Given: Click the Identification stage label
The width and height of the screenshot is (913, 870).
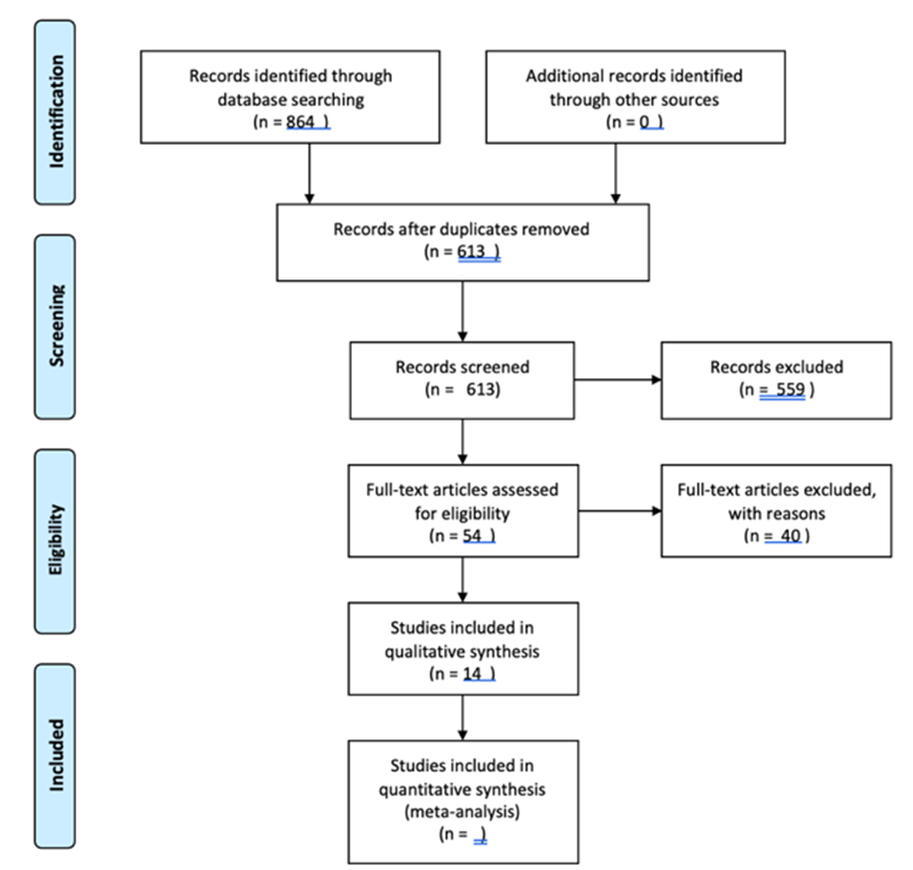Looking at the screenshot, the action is [56, 112].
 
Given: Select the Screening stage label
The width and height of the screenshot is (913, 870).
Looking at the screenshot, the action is [56, 325].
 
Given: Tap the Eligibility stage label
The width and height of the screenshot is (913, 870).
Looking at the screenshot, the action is [55, 540].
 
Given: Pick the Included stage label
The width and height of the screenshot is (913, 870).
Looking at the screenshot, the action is [56, 755].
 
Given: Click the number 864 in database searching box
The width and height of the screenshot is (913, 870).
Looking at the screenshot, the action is [301, 121].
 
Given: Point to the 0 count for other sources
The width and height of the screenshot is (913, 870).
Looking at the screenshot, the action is [644, 121].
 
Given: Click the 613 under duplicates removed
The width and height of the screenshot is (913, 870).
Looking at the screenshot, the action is [471, 252].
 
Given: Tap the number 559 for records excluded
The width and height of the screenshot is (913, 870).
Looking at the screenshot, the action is [790, 389].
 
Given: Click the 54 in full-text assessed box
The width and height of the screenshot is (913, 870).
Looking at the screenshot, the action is [473, 535].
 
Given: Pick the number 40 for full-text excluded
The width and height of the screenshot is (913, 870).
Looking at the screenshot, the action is [791, 535].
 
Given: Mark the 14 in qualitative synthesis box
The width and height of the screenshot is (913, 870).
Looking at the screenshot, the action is [473, 673].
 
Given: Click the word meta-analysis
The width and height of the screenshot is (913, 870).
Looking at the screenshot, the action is [462, 812].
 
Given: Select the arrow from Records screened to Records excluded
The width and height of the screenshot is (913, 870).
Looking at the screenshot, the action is [618, 380].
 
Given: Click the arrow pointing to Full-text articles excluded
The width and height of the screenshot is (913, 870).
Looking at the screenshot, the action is [620, 511].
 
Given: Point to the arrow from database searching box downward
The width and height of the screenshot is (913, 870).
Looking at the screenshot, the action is [310, 173].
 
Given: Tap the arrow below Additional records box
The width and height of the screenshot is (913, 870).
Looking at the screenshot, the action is [616, 173].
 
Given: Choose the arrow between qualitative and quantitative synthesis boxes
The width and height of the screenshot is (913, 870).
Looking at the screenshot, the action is [462, 718].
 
